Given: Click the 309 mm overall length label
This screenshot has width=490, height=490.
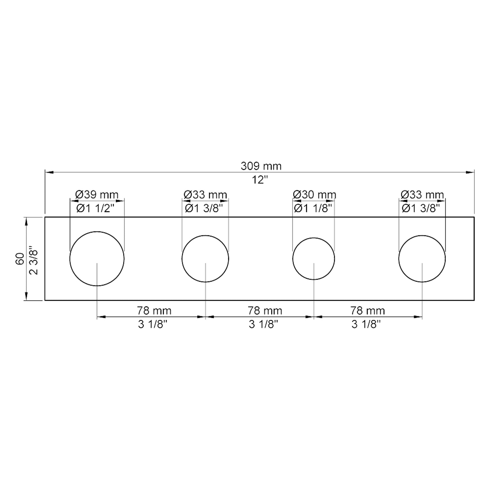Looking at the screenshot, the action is pyautogui.click(x=261, y=166).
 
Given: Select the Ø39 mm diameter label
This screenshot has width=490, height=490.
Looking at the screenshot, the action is pyautogui.click(x=97, y=194).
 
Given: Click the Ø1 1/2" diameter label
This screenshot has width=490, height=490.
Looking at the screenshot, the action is pyautogui.click(x=95, y=209).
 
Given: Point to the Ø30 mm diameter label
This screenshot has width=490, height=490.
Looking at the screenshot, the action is pyautogui.click(x=315, y=194).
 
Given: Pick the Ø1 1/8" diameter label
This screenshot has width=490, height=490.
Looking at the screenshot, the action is pyautogui.click(x=313, y=209).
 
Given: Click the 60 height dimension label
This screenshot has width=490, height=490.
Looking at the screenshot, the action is pyautogui.click(x=20, y=259).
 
